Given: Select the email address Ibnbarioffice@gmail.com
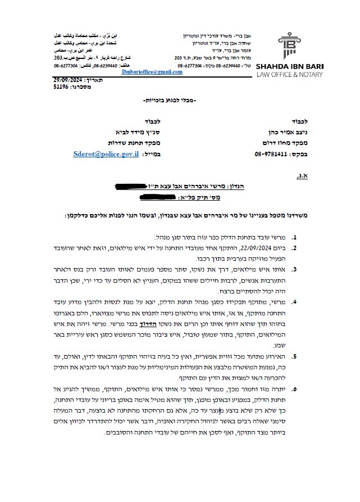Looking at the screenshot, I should pyautogui.click(x=152, y=73).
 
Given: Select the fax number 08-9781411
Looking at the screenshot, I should pyautogui.click(x=258, y=153).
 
